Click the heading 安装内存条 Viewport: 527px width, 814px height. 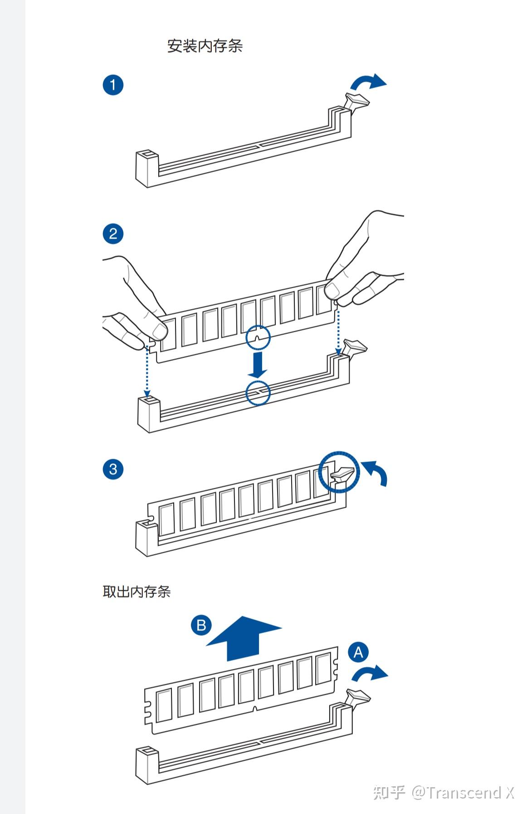pos(205,46)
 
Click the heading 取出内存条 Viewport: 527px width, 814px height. pos(137,592)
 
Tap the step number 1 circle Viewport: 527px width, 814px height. pos(113,85)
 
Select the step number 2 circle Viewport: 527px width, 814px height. pos(113,234)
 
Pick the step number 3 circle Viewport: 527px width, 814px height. pos(113,469)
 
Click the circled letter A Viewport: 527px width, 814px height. pos(358,652)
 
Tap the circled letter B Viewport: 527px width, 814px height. pos(201,625)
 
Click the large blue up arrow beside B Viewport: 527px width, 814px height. pos(243,638)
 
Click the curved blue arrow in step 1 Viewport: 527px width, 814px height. pos(368,82)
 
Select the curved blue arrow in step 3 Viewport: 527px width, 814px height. pos(376,472)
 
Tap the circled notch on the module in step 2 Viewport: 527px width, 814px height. pos(258,338)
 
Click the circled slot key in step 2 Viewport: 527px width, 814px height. pos(258,393)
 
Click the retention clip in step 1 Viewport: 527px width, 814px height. pos(356,101)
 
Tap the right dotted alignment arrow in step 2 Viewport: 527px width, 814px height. pos(338,331)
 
